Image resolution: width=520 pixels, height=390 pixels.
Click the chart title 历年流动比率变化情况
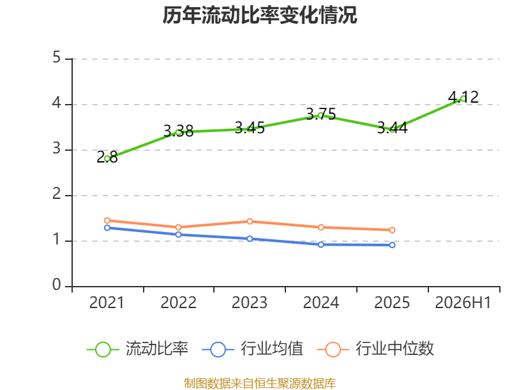259,15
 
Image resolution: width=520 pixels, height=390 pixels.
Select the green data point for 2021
107,159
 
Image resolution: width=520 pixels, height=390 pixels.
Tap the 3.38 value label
178,131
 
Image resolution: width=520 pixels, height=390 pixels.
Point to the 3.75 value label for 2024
321,114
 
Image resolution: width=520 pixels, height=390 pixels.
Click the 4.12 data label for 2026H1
463,97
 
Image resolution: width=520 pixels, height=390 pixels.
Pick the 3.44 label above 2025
393,127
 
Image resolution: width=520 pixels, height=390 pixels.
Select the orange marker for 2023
250,221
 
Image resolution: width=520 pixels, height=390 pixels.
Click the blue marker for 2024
321,244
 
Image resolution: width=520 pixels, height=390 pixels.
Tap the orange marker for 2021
107,220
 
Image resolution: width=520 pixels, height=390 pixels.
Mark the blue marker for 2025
393,245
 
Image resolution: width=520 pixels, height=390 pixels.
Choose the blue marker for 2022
178,235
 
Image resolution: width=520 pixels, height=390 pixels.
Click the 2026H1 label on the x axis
463,302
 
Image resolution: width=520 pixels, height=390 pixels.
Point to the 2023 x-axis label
250,302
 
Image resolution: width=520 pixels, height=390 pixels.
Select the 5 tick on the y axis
57,57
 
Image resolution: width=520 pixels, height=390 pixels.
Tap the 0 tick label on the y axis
57,285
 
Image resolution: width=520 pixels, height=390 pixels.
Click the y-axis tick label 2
57,194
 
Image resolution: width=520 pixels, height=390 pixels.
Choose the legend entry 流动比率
138,349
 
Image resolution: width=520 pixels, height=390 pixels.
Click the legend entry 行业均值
252,349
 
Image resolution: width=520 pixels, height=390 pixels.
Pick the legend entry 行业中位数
376,349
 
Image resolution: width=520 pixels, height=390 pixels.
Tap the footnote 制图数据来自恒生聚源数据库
260,383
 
